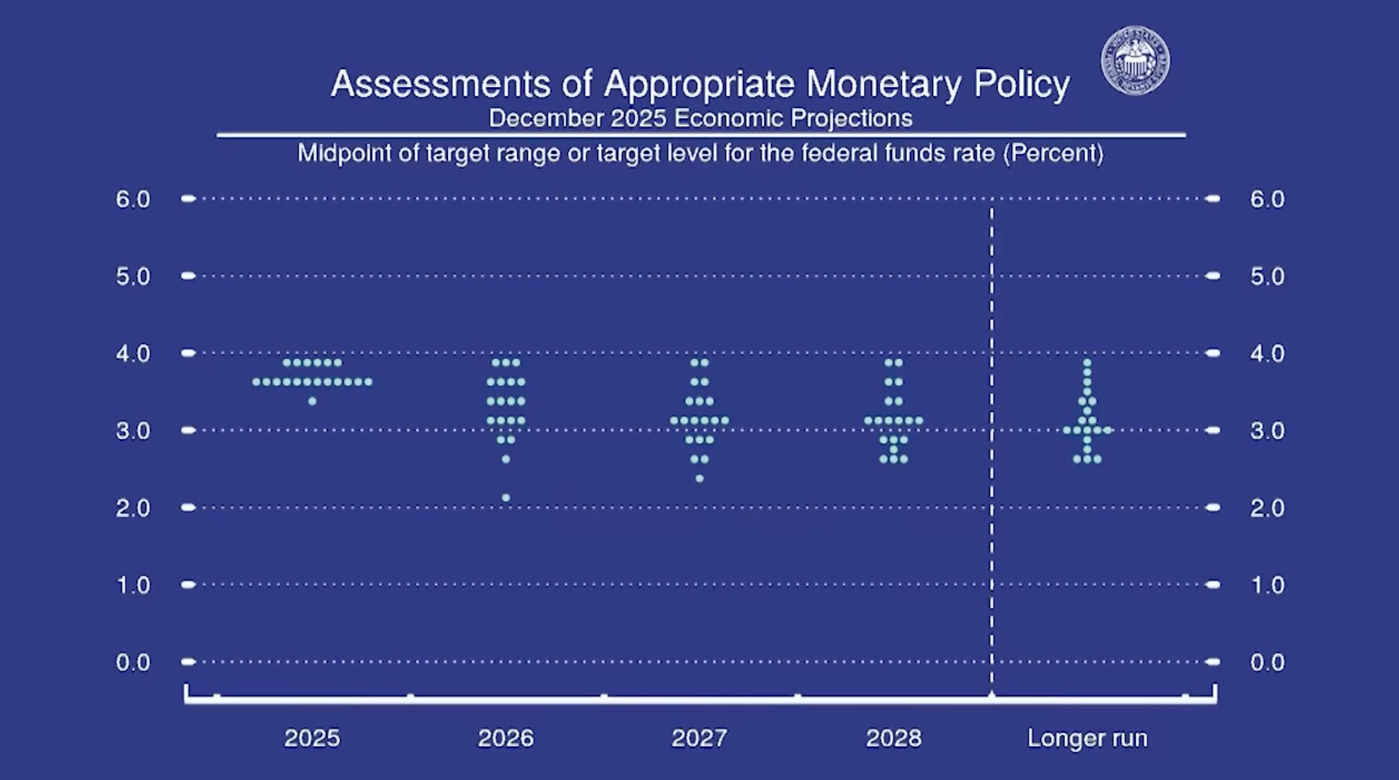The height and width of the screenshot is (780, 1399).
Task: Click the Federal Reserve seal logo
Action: click(1135, 61)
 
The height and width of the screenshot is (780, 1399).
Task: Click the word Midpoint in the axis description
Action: click(344, 153)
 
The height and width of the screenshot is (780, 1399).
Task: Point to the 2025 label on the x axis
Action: click(312, 737)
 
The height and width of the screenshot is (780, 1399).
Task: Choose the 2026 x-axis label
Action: click(505, 737)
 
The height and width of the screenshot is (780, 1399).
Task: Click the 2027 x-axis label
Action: click(699, 737)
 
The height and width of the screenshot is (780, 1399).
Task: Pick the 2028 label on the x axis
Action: click(894, 737)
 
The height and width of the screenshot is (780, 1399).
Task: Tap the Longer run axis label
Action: click(1087, 737)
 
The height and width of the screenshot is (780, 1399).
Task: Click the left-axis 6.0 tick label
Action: click(133, 199)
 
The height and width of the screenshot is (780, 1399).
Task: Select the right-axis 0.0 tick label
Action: click(1267, 662)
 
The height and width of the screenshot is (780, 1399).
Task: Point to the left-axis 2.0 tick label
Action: click(133, 507)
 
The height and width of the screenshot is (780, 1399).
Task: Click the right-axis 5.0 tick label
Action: click(1267, 276)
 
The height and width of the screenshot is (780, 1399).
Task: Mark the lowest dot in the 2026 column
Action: click(506, 497)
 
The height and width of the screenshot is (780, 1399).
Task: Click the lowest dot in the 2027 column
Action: click(699, 479)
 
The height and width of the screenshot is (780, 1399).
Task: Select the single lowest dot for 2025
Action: click(312, 401)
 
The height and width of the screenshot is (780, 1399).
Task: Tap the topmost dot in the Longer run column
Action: click(1087, 362)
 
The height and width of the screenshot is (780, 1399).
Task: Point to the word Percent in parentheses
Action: click(1053, 153)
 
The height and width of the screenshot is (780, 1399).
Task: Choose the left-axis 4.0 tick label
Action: click(133, 353)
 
